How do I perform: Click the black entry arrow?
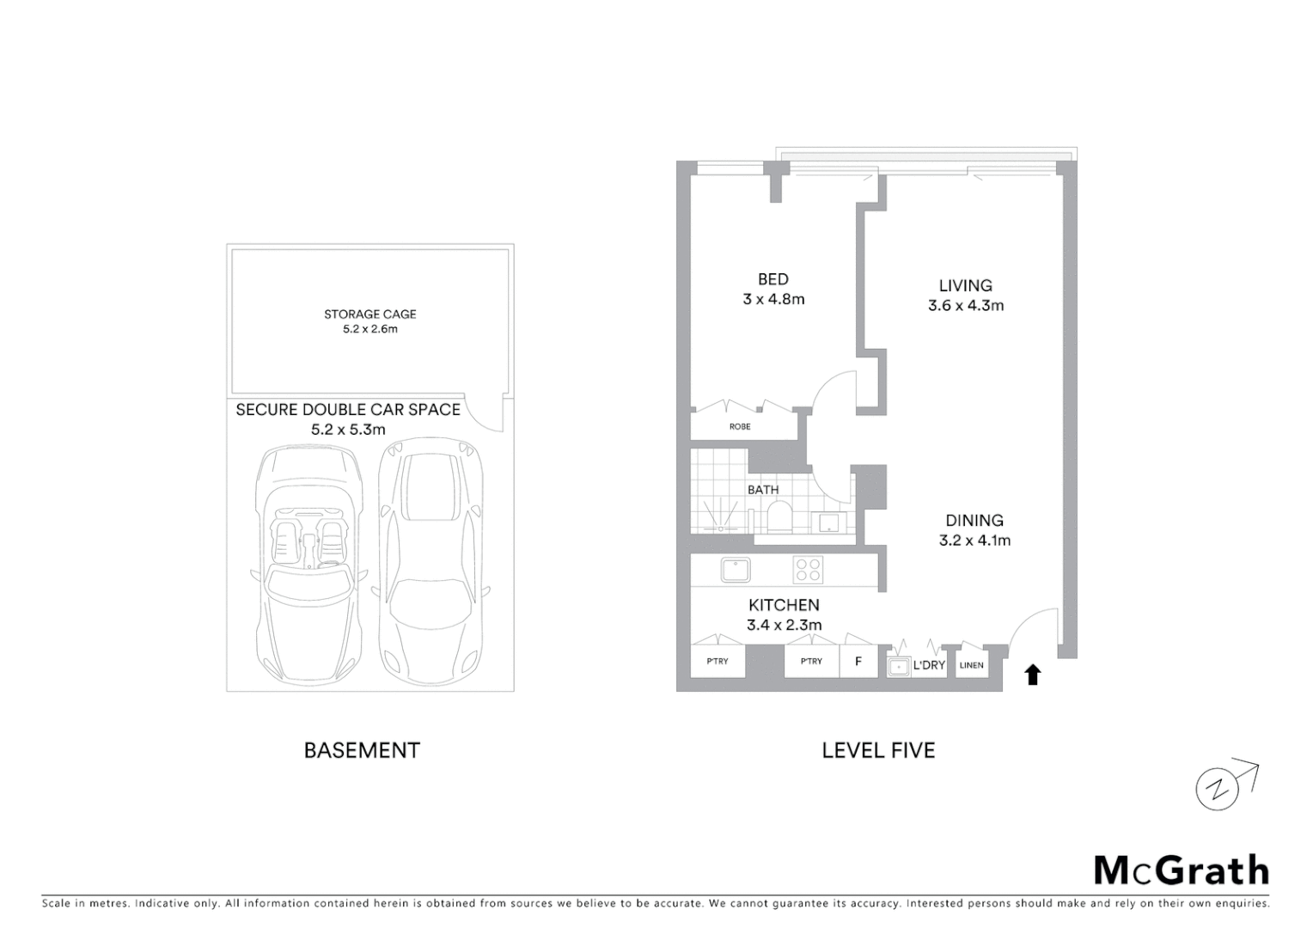pyautogui.click(x=1033, y=675)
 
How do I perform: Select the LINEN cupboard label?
pyautogui.click(x=971, y=665)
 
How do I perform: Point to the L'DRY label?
pyautogui.click(x=929, y=665)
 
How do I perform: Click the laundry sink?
pyautogui.click(x=899, y=666)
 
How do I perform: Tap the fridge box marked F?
pyautogui.click(x=858, y=662)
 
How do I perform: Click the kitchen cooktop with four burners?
pyautogui.click(x=808, y=570)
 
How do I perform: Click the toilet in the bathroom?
pyautogui.click(x=779, y=518)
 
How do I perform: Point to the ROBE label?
pyautogui.click(x=740, y=426)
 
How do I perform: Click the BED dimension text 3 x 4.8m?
pyautogui.click(x=773, y=299)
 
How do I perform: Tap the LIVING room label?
pyautogui.click(x=965, y=285)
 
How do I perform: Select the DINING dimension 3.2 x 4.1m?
pyautogui.click(x=974, y=540)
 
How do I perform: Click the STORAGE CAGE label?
pyautogui.click(x=369, y=314)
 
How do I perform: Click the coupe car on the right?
pyautogui.click(x=431, y=559)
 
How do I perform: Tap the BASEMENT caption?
pyautogui.click(x=362, y=750)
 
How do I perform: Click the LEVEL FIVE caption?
pyautogui.click(x=878, y=750)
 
